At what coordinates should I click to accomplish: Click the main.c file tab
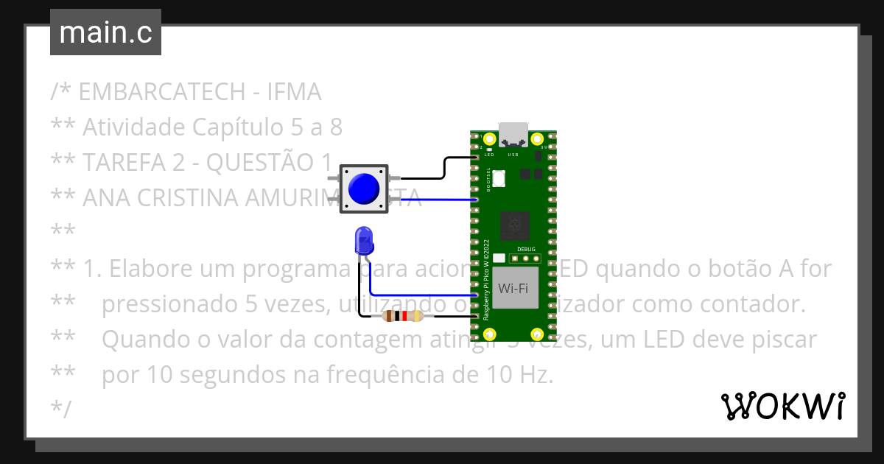point(105,32)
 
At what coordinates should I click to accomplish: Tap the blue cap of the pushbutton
point(364,189)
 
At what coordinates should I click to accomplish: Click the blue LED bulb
point(363,240)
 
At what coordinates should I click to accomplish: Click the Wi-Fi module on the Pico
point(513,289)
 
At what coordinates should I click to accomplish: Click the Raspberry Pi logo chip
point(513,225)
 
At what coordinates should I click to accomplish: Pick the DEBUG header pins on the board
point(526,259)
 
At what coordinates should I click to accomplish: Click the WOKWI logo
point(782,406)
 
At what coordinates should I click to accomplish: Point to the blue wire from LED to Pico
point(420,294)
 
